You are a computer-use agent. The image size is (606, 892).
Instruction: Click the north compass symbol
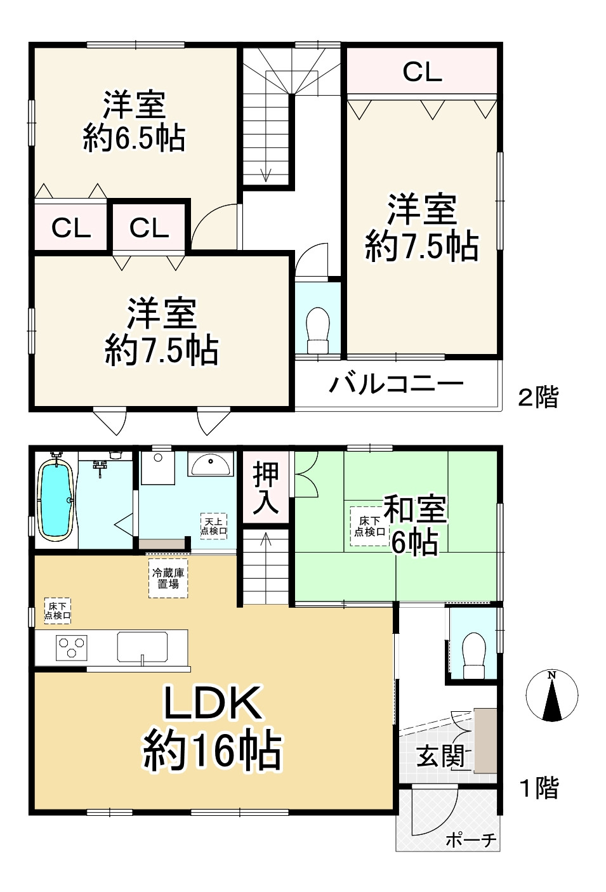click(552, 695)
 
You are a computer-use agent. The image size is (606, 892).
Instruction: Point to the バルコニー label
click(396, 384)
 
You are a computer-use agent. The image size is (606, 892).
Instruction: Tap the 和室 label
click(415, 509)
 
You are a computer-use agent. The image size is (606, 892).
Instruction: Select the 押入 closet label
click(266, 487)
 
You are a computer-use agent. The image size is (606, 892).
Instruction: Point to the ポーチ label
click(471, 841)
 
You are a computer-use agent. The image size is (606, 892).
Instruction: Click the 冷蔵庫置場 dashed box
click(168, 578)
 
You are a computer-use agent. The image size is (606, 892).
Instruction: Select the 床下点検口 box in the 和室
click(369, 527)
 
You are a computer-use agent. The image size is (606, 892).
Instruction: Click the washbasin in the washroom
click(211, 466)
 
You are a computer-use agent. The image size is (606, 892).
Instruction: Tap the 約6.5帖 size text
click(134, 138)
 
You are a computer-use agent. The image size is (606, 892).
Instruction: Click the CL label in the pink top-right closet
click(422, 72)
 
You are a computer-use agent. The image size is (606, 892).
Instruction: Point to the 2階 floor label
click(538, 398)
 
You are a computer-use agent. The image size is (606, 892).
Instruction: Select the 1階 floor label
click(539, 789)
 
